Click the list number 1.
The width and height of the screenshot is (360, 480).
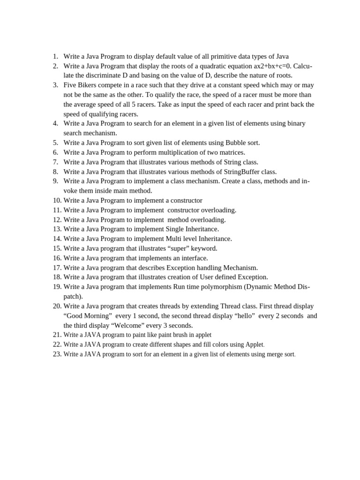[x=55, y=56]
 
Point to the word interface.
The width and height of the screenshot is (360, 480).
[x=193, y=258]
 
